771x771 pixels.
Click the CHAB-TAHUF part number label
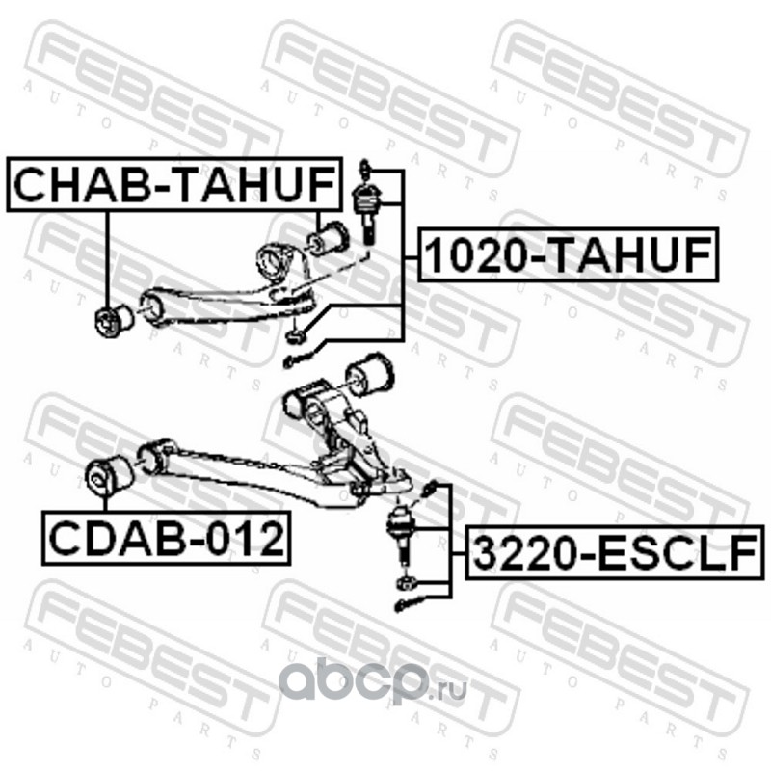[x=176, y=186]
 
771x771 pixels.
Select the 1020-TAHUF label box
[x=569, y=255]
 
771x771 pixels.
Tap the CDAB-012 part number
[x=165, y=540]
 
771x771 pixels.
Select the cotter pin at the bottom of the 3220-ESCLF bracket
[x=405, y=604]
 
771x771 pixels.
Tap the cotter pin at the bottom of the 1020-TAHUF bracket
[x=293, y=361]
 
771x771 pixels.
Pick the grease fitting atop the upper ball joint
[x=366, y=167]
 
